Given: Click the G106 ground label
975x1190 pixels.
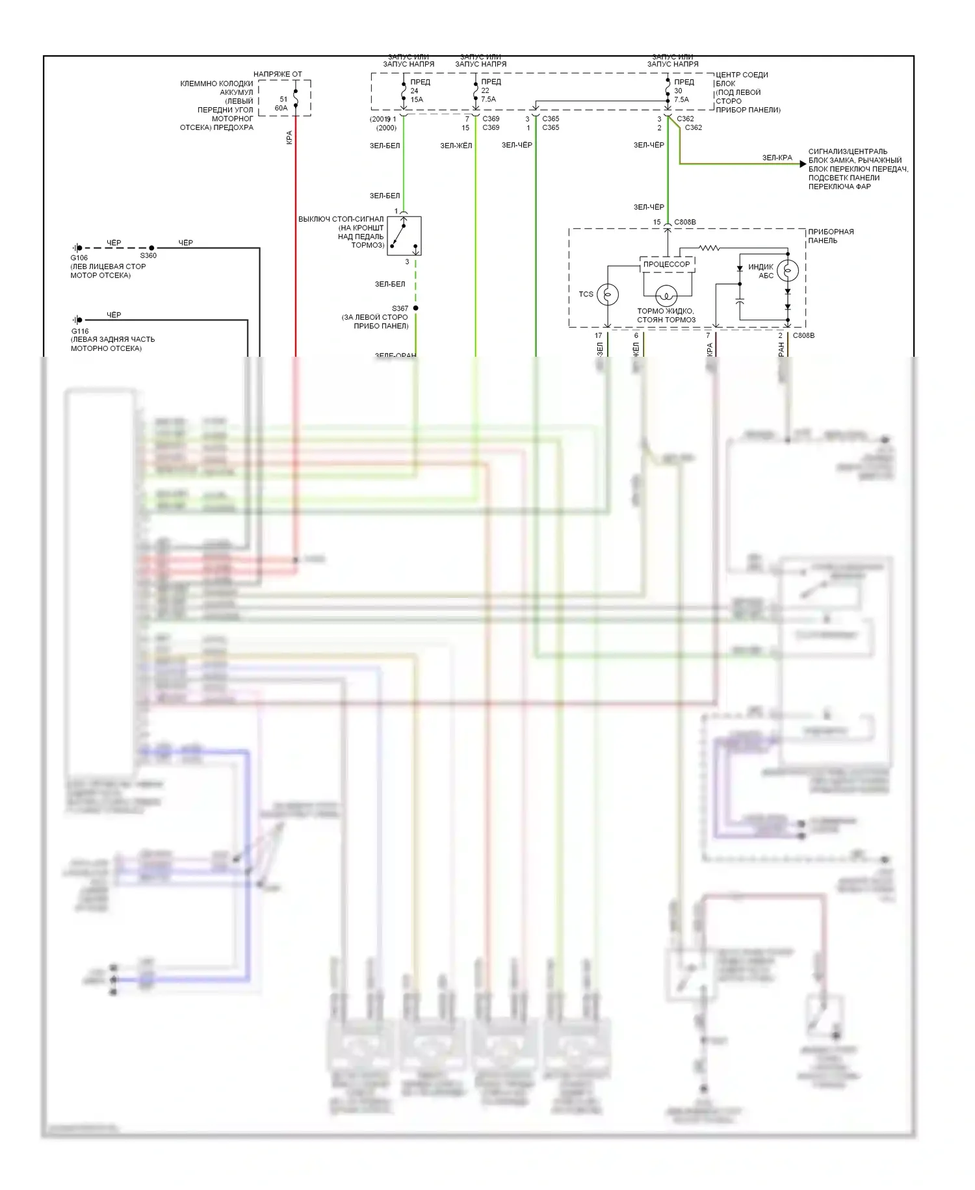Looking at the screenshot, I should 79,258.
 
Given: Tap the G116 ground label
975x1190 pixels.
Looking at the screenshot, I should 79,331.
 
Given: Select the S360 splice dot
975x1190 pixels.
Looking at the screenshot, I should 151,248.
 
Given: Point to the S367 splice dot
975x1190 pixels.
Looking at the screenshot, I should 415,308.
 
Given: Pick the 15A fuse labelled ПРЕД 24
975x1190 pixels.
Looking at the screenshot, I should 404,91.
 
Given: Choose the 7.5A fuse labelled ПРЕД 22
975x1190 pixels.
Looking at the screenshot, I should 475,91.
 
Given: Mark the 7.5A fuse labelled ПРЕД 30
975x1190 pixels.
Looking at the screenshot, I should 668,91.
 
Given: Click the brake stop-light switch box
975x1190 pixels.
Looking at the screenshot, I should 404,235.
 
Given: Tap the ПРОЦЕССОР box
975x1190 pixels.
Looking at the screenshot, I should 667,265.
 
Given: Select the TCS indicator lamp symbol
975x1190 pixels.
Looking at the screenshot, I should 608,294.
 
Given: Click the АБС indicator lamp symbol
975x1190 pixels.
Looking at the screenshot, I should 788,269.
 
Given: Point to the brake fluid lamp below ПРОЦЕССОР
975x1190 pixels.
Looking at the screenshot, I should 666,296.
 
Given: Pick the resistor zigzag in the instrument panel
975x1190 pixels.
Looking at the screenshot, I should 710,248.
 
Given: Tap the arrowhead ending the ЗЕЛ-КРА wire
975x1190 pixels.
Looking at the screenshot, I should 803,164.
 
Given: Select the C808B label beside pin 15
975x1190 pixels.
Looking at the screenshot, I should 685,222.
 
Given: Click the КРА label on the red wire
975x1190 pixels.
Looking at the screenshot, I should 289,137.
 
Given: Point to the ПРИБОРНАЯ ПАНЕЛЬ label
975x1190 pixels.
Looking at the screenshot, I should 831,236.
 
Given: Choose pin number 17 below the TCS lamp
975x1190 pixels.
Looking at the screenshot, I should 599,336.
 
